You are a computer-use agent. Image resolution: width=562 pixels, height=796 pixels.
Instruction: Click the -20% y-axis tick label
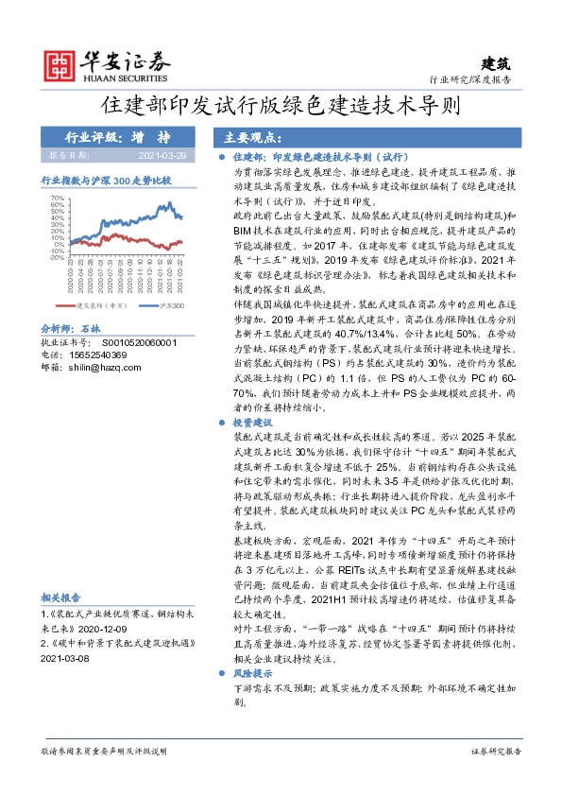pyautogui.click(x=57, y=256)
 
